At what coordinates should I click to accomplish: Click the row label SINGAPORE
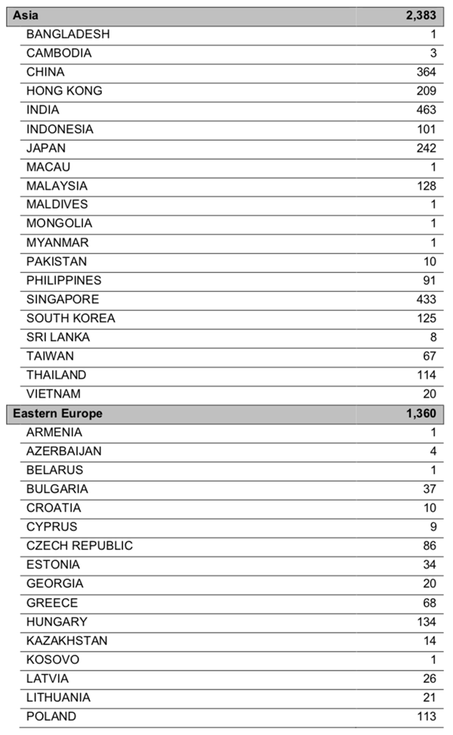point(62,299)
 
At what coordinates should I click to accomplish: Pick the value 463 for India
point(426,110)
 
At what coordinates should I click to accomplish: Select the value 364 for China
point(426,72)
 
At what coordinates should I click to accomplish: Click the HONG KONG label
point(63,91)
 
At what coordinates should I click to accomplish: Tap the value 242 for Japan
point(426,148)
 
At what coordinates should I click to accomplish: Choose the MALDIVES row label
point(57,204)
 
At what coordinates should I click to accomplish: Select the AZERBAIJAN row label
point(63,451)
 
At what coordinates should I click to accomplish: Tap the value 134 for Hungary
point(426,622)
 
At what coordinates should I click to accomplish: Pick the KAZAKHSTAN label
point(66,640)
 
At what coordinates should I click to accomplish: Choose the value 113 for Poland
point(426,716)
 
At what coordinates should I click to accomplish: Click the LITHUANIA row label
point(58,697)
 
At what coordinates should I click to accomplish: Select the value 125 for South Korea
point(426,318)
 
